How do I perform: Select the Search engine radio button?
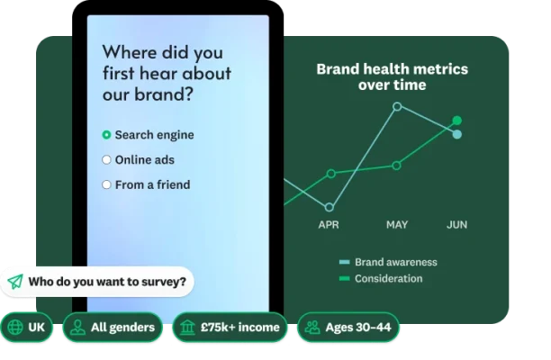[106, 135]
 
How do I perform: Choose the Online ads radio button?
[106, 160]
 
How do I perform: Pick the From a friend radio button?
[106, 184]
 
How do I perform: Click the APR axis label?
[329, 224]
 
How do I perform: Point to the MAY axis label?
[397, 224]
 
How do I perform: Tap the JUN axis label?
[456, 224]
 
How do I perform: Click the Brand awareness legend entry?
[394, 262]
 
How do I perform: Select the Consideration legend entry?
[387, 279]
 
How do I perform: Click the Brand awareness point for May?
[397, 106]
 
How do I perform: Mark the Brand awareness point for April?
[330, 207]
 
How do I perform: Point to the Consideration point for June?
[456, 120]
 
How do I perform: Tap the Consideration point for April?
[330, 173]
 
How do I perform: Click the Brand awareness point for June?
[456, 135]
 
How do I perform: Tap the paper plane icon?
[15, 282]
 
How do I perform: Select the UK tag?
[27, 327]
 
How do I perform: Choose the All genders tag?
[113, 327]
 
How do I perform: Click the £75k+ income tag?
[230, 327]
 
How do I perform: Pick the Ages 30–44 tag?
[348, 327]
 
